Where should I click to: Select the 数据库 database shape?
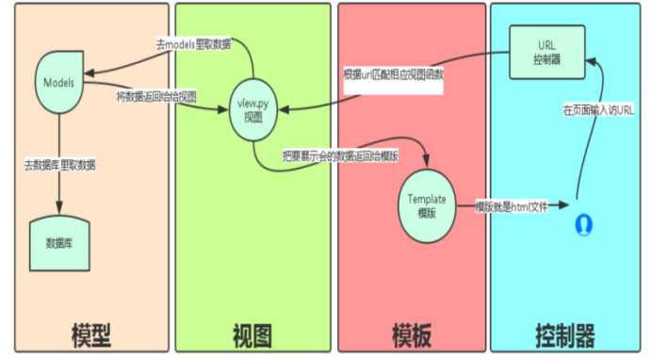pos(59,242)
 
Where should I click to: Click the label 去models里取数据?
pos(192,45)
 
